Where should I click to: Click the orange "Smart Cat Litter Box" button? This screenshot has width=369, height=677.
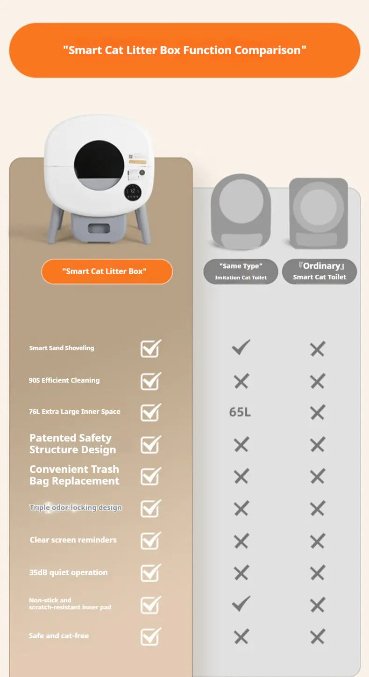click(107, 271)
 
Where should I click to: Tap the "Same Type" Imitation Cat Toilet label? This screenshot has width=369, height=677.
click(241, 271)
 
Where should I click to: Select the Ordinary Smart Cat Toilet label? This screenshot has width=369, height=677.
click(319, 271)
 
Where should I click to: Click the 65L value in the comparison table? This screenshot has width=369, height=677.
click(240, 412)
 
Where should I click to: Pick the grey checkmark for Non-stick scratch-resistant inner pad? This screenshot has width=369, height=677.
click(241, 603)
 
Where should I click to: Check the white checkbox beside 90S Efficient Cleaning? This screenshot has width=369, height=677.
click(151, 381)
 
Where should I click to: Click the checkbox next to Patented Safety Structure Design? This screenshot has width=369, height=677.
click(151, 444)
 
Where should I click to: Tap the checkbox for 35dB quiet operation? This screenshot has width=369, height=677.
click(151, 572)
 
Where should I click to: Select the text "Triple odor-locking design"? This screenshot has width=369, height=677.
click(76, 507)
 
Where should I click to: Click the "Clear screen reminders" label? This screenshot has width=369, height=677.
click(73, 540)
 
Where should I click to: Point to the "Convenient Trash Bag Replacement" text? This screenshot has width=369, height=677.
click(74, 475)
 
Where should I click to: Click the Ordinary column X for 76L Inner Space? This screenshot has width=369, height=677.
click(318, 412)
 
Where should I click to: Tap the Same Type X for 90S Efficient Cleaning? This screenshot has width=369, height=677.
click(241, 381)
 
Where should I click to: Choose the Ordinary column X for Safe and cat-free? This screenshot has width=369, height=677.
click(318, 636)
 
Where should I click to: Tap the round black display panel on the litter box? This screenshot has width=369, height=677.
click(133, 192)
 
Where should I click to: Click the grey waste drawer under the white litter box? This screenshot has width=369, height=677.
click(99, 228)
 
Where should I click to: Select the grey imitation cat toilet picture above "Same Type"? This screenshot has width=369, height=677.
click(241, 212)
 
